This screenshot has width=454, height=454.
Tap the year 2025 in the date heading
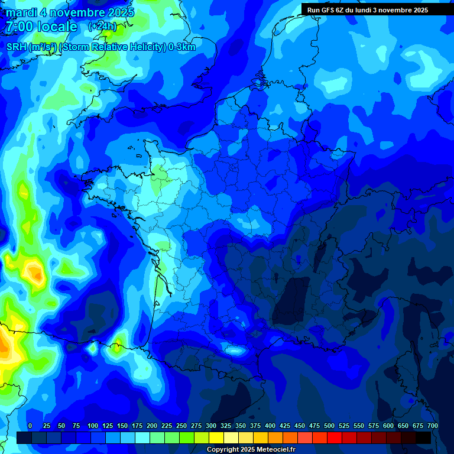pyautogui.click(x=118, y=12)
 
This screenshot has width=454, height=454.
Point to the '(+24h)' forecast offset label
pyautogui.click(x=102, y=27)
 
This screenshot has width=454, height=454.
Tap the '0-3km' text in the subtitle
pyautogui.click(x=182, y=47)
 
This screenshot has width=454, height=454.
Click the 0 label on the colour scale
pyautogui.click(x=30, y=426)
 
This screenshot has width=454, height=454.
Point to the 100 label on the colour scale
pyautogui.click(x=93, y=426)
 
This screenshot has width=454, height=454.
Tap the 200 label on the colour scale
pyautogui.click(x=152, y=426)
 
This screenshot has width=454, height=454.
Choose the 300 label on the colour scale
pyautogui.click(x=211, y=426)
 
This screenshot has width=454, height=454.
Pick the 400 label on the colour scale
pyautogui.click(x=270, y=426)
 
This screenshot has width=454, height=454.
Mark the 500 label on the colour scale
pyautogui.click(x=329, y=426)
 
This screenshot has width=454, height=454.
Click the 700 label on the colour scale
pyautogui.click(x=433, y=426)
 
